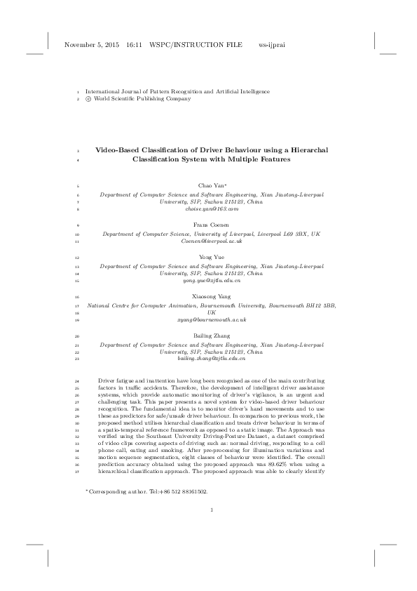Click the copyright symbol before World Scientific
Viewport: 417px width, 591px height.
tap(88, 100)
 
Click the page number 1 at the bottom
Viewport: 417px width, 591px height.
tap(211, 520)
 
